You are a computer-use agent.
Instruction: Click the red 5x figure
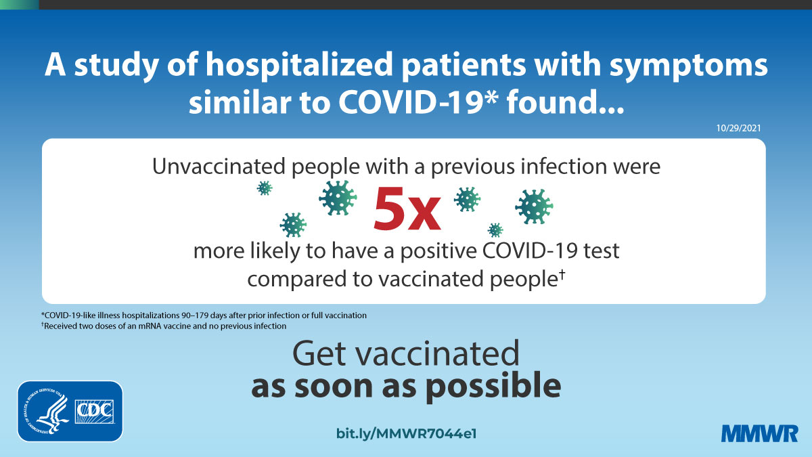tap(407, 209)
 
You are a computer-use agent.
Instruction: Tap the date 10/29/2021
tap(738, 128)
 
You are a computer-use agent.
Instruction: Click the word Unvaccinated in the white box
tap(219, 167)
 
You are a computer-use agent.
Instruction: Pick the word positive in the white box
tap(438, 252)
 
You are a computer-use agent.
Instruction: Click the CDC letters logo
tap(94, 412)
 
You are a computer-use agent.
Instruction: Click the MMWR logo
tap(759, 434)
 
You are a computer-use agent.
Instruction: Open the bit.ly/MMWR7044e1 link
tap(407, 434)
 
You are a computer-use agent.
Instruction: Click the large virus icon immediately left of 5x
tap(338, 198)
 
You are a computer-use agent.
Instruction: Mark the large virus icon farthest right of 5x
tap(534, 206)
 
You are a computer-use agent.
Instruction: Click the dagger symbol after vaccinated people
tap(562, 274)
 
